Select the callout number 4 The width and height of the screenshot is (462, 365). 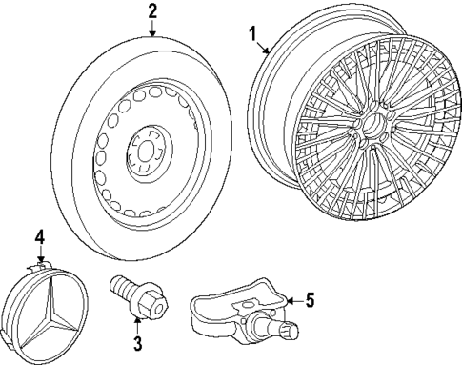point(40,236)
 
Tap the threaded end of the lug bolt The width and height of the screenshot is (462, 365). point(122,283)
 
